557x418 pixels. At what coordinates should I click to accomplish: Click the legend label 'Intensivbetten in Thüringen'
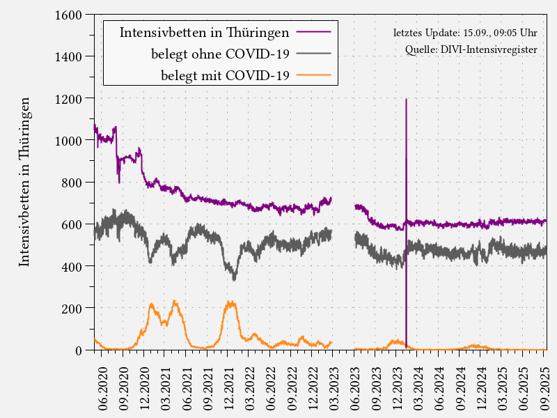tap(205, 32)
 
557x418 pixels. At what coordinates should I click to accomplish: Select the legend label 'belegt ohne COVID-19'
tap(220, 54)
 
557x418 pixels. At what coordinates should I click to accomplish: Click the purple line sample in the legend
tap(313, 32)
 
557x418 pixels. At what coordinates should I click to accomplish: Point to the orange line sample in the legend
tap(313, 75)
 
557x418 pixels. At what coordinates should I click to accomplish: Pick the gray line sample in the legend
tap(313, 54)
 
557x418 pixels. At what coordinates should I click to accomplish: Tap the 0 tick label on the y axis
tap(78, 350)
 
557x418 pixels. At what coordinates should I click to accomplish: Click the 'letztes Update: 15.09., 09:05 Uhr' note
tap(464, 33)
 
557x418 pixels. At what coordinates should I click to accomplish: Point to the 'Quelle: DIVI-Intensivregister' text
tap(471, 50)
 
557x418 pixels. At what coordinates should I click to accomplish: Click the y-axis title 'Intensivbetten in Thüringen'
tap(24, 182)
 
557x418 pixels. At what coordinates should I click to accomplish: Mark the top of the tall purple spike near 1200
tap(406, 100)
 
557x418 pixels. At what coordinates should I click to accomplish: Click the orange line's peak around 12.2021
tap(230, 302)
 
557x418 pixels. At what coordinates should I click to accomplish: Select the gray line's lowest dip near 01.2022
tap(235, 279)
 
